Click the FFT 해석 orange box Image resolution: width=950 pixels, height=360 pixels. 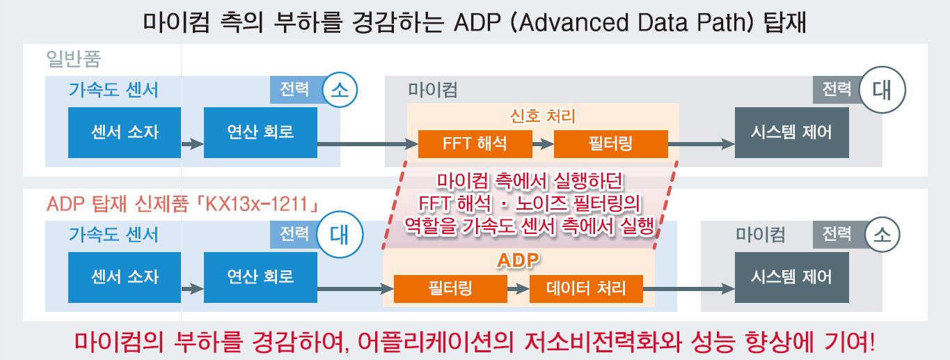475,144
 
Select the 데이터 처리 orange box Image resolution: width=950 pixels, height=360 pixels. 586,289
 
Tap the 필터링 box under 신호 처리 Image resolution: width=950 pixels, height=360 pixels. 611,144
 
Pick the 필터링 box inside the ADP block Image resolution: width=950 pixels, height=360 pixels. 450,289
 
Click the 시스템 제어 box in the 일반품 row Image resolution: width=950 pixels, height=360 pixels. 792,132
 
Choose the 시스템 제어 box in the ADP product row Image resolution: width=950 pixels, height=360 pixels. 792,277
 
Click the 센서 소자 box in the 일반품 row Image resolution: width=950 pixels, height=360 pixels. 125,132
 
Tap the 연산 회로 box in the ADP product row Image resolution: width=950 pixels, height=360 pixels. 260,277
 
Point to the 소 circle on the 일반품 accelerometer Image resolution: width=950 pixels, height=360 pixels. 340,90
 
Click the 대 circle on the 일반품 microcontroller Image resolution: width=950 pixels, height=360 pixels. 882,90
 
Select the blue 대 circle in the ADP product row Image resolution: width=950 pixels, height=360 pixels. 340,235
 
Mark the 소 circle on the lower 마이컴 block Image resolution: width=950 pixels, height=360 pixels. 882,235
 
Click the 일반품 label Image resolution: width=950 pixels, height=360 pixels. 73,58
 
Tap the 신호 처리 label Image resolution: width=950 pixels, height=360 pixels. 543,116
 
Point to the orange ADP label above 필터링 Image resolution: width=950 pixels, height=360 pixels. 518,260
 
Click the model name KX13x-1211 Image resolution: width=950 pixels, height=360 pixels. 257,204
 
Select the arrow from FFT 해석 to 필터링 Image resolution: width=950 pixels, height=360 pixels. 543,144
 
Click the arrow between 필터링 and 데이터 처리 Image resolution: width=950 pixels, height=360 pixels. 518,289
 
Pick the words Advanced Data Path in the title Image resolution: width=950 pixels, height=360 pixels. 636,22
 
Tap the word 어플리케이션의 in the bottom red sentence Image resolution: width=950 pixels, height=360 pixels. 436,341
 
